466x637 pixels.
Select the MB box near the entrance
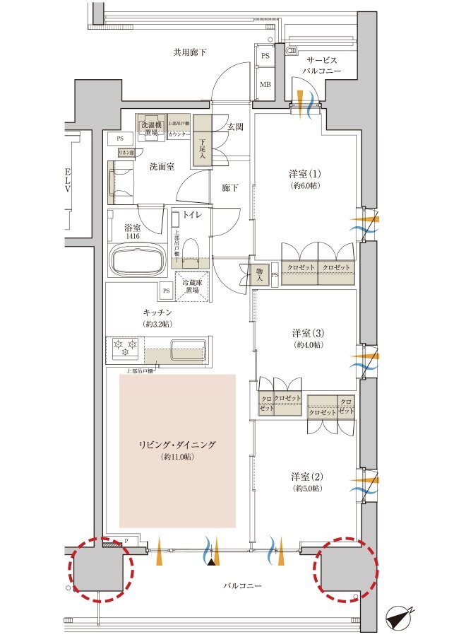tap(266, 83)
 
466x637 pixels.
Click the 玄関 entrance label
tap(235, 127)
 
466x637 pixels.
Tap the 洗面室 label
tap(162, 167)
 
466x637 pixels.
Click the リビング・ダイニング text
tap(177, 445)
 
